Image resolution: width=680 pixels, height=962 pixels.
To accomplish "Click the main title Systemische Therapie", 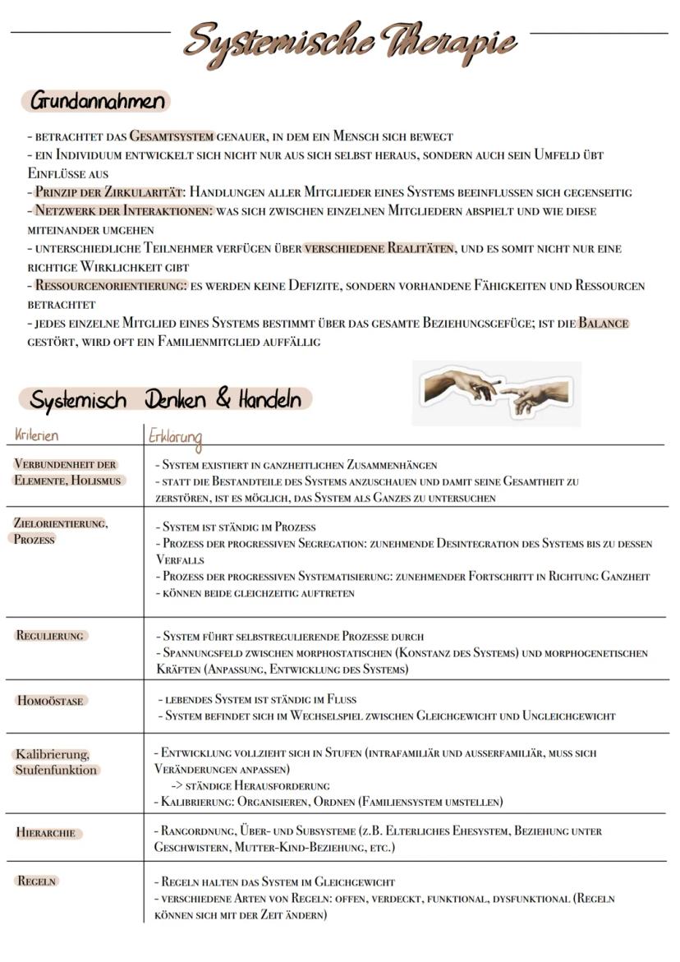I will (x=351, y=41).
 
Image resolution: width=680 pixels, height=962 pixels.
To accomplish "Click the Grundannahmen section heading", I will (x=98, y=102).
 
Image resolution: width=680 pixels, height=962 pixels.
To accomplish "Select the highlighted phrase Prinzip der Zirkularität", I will (x=110, y=192).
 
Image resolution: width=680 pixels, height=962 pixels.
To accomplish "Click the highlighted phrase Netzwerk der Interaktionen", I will (x=122, y=211).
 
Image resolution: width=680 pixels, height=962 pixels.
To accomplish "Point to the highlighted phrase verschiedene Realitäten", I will (x=379, y=248).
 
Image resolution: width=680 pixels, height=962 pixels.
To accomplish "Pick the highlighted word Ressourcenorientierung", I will (x=111, y=286).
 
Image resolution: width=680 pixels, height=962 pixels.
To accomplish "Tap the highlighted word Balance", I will (x=604, y=323).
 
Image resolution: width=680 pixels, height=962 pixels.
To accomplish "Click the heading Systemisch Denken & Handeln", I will (x=165, y=400).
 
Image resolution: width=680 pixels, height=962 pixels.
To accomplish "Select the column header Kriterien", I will (x=37, y=435).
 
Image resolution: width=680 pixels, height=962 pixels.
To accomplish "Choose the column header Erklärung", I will (x=175, y=436).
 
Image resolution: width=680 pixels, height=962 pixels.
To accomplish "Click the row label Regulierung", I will (x=51, y=635).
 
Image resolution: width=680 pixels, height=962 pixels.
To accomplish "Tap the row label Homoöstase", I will (x=51, y=701).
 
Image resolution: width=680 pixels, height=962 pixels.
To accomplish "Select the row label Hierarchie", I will (x=46, y=832).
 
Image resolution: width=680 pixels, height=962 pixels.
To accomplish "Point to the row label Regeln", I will (x=36, y=881).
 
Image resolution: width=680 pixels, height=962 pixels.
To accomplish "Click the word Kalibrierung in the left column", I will (x=52, y=754).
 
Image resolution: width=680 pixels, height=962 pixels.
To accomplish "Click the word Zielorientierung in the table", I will (x=61, y=523).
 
